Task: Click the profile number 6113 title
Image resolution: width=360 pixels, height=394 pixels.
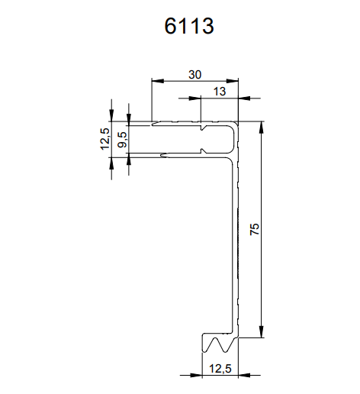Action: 189,26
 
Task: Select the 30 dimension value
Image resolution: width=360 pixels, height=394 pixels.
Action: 195,75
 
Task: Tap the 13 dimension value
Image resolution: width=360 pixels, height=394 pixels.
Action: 220,92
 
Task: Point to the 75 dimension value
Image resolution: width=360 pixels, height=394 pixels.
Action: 255,229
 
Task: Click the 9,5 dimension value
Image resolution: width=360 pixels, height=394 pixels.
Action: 122,140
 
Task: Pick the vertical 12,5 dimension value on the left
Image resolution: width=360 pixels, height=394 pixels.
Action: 105,139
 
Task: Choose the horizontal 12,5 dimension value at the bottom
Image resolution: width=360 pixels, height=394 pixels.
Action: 220,369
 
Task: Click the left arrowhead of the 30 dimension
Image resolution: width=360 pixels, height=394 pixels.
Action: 158,81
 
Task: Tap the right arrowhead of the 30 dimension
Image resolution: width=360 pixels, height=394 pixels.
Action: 233,81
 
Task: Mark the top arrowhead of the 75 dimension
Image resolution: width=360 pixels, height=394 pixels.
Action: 262,128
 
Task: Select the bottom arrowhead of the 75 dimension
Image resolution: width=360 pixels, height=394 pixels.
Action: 262,331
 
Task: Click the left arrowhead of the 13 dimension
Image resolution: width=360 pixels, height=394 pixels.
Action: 194,98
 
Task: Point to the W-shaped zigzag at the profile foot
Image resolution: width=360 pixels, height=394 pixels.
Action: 220,345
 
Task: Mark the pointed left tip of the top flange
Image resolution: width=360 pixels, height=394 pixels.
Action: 153,124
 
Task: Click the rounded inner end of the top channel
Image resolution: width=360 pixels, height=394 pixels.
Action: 233,139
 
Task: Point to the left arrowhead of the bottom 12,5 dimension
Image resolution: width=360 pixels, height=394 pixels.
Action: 196,375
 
